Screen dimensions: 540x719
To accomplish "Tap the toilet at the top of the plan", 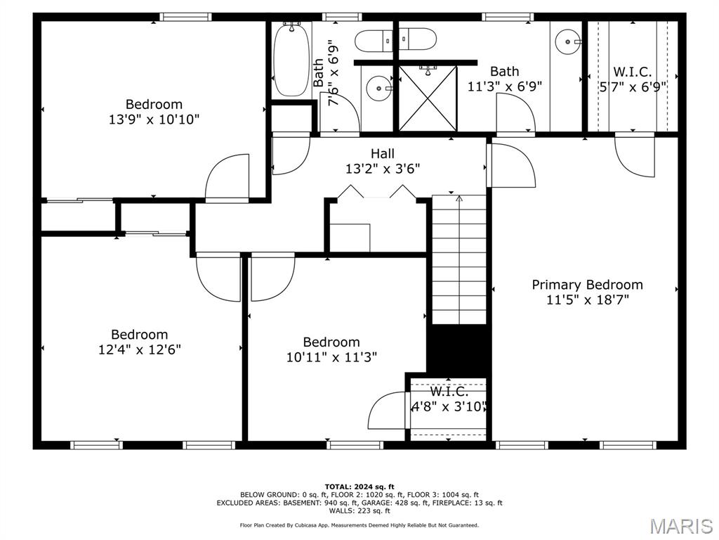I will pyautogui.click(x=385, y=41).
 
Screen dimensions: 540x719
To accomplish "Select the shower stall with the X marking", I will pyautogui.click(x=428, y=98).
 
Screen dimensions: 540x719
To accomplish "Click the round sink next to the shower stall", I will pyautogui.click(x=378, y=89).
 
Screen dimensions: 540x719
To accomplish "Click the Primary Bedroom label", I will pyautogui.click(x=587, y=285).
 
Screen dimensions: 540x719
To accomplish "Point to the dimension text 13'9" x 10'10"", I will pyautogui.click(x=154, y=120).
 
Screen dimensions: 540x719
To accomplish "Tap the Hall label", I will pyautogui.click(x=383, y=153).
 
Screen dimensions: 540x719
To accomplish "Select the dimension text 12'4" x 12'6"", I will pyautogui.click(x=140, y=349).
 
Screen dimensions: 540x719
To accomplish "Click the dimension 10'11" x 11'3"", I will pyautogui.click(x=331, y=356).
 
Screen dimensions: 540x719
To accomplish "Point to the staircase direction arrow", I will pyautogui.click(x=459, y=200).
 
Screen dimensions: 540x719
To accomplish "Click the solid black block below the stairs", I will pyautogui.click(x=459, y=349).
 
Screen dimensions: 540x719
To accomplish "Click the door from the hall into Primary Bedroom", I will pyautogui.click(x=510, y=166).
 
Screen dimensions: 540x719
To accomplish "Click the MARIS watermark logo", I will pyautogui.click(x=680, y=526).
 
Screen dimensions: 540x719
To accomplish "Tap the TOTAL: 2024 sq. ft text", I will pyautogui.click(x=359, y=487).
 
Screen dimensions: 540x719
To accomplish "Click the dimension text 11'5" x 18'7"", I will pyautogui.click(x=587, y=300).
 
